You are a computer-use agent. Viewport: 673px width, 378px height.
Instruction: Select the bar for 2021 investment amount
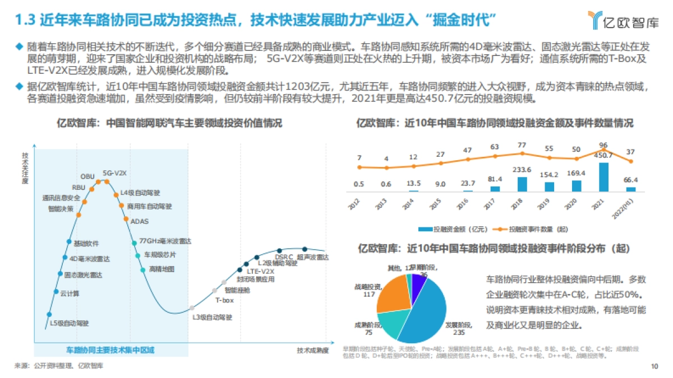pyautogui.click(x=604, y=177)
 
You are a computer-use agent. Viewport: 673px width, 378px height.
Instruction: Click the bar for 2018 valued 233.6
pyautogui.click(x=522, y=184)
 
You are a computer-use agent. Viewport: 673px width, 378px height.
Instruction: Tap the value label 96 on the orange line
pyautogui.click(x=603, y=144)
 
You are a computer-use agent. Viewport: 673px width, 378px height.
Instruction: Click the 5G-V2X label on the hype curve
pyautogui.click(x=114, y=173)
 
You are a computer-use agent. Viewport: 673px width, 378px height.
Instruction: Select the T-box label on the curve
pyautogui.click(x=224, y=300)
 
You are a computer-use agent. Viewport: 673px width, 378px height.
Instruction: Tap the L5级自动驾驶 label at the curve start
pyautogui.click(x=70, y=323)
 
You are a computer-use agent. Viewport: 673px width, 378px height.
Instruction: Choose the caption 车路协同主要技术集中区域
pyautogui.click(x=110, y=350)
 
